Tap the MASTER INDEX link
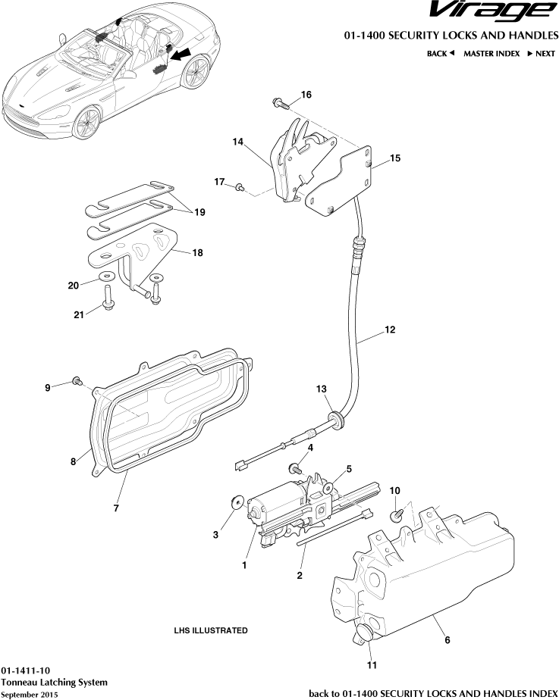click(x=491, y=54)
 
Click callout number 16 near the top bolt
click(x=306, y=95)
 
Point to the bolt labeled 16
click(x=278, y=102)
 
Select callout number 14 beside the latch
click(x=237, y=142)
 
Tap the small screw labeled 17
click(x=240, y=186)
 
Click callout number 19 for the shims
click(x=199, y=213)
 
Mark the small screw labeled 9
click(x=77, y=380)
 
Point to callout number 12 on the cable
click(x=389, y=330)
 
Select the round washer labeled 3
click(x=235, y=502)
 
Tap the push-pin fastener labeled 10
click(x=396, y=515)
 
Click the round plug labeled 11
click(x=363, y=633)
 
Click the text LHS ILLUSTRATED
click(x=210, y=630)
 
